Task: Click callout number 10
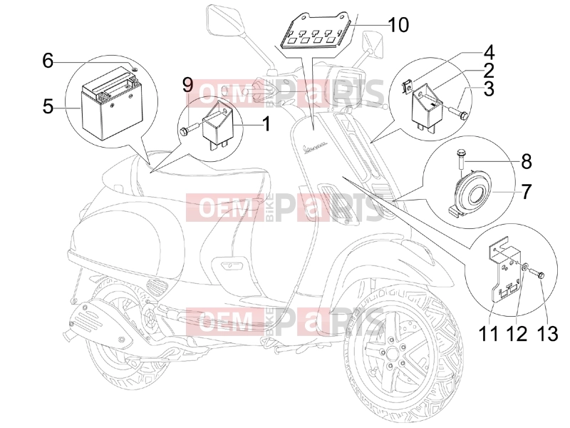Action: (x=399, y=24)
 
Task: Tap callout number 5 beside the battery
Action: (x=48, y=106)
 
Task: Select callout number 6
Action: (x=48, y=61)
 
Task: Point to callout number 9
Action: (x=187, y=86)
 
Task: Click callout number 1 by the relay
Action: (x=266, y=124)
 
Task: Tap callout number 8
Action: (x=527, y=161)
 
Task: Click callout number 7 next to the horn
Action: (x=527, y=191)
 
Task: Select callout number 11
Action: (x=489, y=333)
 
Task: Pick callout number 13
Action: (x=547, y=333)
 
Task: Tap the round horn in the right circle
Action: (x=470, y=192)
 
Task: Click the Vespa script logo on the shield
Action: (x=315, y=146)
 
